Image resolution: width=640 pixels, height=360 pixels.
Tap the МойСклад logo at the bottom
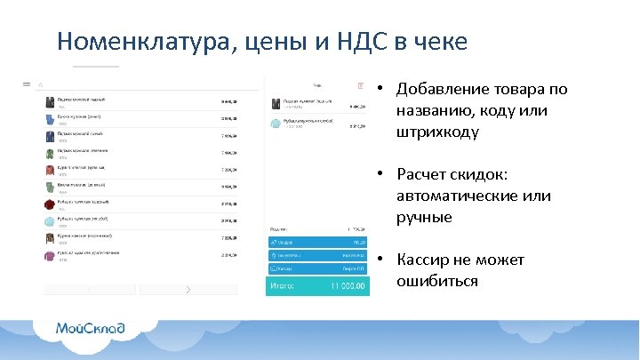tap(90, 328)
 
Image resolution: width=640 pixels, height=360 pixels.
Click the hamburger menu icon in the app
tap(27, 85)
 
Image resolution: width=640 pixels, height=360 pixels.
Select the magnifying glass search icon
tap(41, 85)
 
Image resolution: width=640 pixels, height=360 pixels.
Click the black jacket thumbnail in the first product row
tap(51, 100)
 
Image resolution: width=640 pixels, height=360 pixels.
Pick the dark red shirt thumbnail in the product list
tap(51, 204)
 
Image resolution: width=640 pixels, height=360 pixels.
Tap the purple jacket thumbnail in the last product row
tap(51, 255)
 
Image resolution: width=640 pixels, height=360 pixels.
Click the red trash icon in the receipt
tap(361, 86)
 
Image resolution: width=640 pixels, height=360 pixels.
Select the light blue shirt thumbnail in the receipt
tap(276, 124)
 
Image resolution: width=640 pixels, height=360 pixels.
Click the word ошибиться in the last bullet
tap(436, 282)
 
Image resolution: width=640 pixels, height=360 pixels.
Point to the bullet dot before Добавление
tap(379, 90)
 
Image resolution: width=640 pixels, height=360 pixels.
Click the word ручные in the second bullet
tap(424, 218)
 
